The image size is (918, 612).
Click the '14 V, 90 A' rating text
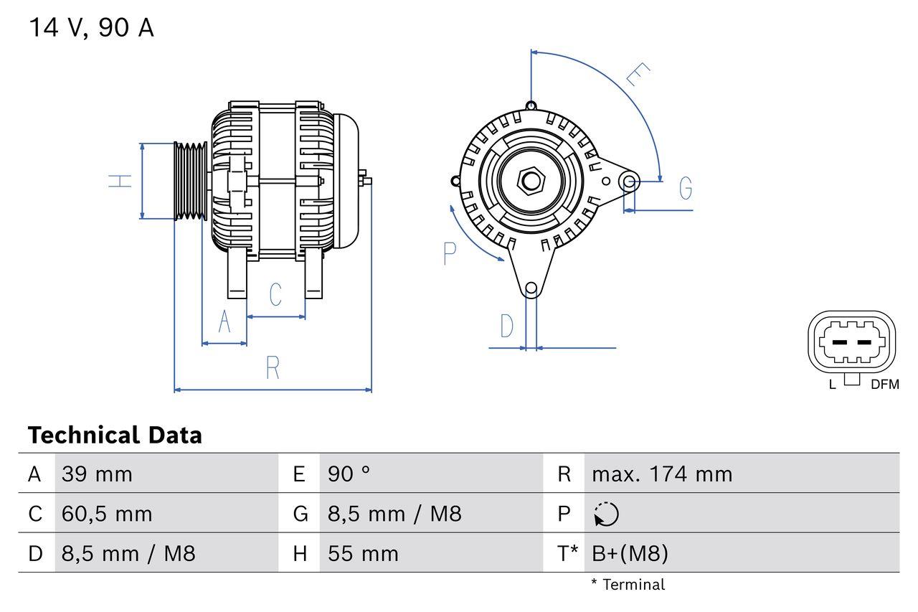click(91, 28)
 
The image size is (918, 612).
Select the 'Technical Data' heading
click(115, 436)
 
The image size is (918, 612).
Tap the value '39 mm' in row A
click(97, 474)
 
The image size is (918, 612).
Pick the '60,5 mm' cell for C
click(107, 514)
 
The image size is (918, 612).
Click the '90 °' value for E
click(349, 474)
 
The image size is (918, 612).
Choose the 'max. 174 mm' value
click(662, 474)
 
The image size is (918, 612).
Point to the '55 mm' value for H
click(363, 553)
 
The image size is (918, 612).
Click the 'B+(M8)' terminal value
click(630, 553)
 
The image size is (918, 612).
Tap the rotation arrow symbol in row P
click(606, 514)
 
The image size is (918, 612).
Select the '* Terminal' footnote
click(628, 585)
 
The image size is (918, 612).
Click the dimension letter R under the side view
click(273, 368)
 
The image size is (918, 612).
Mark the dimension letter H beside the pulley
click(121, 181)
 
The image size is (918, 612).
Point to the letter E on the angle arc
click(637, 75)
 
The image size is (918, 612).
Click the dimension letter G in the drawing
click(686, 188)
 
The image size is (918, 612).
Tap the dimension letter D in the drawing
click(507, 326)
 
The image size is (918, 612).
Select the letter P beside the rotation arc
click(450, 253)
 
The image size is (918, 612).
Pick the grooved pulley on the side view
click(191, 180)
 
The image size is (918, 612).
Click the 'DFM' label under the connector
click(884, 385)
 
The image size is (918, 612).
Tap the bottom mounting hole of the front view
click(531, 289)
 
